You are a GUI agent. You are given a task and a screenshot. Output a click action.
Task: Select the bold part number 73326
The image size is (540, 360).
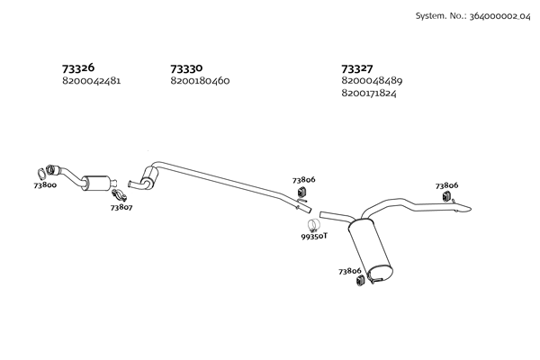pos(78,67)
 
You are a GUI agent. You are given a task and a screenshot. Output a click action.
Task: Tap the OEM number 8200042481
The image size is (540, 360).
pos(91,81)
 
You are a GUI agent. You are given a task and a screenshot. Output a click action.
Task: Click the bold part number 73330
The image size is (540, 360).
pos(186,67)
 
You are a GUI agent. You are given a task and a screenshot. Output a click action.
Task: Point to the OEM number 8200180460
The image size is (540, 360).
pos(200,81)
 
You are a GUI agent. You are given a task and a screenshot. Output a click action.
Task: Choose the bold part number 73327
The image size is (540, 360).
pos(358,67)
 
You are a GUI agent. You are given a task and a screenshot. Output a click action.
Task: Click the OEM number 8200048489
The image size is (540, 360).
pos(372,81)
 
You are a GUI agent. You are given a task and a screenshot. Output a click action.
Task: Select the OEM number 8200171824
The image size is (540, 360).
pos(371,94)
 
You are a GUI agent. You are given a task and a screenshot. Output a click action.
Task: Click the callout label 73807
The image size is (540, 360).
pos(121,208)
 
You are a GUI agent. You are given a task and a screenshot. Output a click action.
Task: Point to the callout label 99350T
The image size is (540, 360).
pos(314,236)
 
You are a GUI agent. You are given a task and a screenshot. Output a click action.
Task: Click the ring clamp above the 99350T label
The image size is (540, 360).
pos(312,223)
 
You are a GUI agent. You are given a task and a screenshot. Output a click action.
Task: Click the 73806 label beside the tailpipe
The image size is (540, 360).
pos(446,185)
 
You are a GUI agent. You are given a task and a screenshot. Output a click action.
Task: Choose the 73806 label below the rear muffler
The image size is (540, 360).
pos(350,270)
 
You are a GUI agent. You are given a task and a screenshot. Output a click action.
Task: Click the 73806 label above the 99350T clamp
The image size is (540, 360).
pos(304,180)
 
